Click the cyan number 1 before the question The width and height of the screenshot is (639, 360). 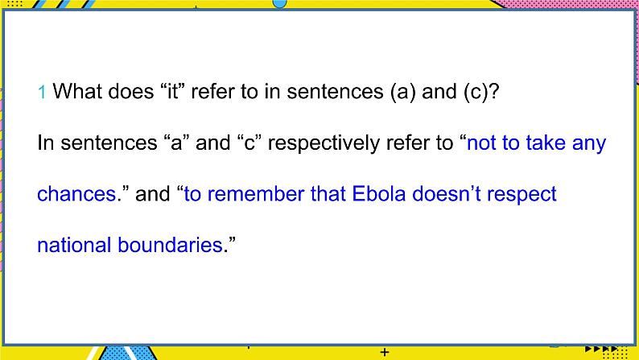click(41, 92)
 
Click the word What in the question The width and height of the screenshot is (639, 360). click(77, 91)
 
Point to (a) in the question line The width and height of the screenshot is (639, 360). click(402, 92)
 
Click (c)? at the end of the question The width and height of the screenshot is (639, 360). click(481, 92)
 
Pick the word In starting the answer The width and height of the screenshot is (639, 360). click(46, 143)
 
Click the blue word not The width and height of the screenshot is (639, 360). click(481, 143)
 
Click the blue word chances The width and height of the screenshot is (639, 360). click(76, 194)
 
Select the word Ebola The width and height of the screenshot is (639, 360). click(378, 194)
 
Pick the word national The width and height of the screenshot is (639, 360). click(74, 245)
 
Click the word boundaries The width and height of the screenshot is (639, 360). click(170, 245)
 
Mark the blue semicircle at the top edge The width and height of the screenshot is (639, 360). click(279, 4)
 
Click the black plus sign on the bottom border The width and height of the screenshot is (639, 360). click(385, 352)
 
